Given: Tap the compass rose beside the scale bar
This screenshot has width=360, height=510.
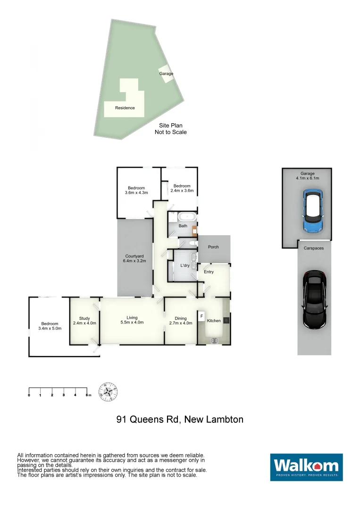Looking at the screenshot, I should tap(108, 392).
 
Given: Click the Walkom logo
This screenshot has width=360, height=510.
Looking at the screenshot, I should tap(306, 467).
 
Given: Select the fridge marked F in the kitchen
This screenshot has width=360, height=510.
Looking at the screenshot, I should tap(201, 315).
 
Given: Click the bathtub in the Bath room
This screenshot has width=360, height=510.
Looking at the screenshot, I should tap(186, 218).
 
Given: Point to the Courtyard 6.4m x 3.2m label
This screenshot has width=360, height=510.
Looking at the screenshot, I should tap(134, 259).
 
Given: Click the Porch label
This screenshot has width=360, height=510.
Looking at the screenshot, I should tap(213, 247).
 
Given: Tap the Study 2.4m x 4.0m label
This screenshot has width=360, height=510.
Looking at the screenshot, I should tap(84, 321).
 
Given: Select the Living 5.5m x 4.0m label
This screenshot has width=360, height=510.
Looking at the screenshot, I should tap(132, 320).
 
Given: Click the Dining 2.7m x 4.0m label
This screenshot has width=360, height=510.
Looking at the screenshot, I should tap(181, 321).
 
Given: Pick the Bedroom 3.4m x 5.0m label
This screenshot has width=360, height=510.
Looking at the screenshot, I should tap(49, 326).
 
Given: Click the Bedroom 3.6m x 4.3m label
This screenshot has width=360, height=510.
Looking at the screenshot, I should tap(136, 190).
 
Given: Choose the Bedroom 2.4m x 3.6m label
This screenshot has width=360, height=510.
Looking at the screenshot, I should tap(182, 188).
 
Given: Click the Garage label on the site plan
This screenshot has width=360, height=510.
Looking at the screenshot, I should tap(166, 74).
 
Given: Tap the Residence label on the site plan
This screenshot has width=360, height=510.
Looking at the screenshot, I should tap(125, 108).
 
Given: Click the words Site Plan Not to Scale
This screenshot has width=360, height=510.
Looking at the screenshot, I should tap(171, 129).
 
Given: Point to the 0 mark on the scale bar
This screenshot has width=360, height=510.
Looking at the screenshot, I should tap(29, 395).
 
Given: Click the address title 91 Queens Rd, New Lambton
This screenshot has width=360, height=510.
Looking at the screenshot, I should tap(180, 419).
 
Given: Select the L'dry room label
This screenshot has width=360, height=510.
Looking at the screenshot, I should tap(185, 266).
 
